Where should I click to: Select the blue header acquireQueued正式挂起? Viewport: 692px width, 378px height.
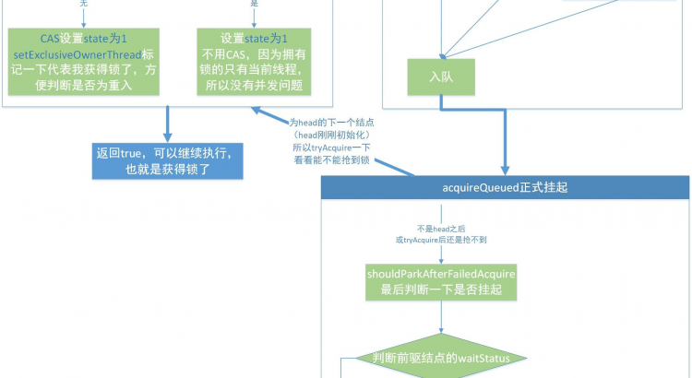(x=505, y=187)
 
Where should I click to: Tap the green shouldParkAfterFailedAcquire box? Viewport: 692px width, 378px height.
(x=441, y=281)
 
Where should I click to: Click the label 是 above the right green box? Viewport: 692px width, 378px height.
(x=255, y=5)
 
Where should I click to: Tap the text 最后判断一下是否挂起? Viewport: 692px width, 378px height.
(x=441, y=289)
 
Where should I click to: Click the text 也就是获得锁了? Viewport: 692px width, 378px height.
(x=168, y=170)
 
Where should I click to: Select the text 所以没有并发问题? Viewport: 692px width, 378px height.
(x=254, y=86)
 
